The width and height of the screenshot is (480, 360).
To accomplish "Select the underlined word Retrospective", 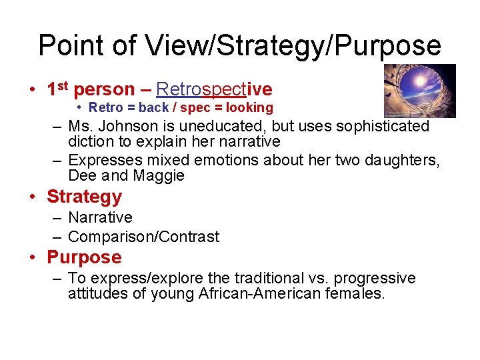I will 214,89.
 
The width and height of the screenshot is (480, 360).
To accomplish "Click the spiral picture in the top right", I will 419,91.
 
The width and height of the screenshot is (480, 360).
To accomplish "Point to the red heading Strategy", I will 84,197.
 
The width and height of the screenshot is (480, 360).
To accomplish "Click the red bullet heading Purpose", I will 84,257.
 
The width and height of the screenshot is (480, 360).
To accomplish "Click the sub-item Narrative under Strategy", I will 100,217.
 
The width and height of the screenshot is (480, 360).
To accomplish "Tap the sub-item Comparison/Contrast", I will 143,237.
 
